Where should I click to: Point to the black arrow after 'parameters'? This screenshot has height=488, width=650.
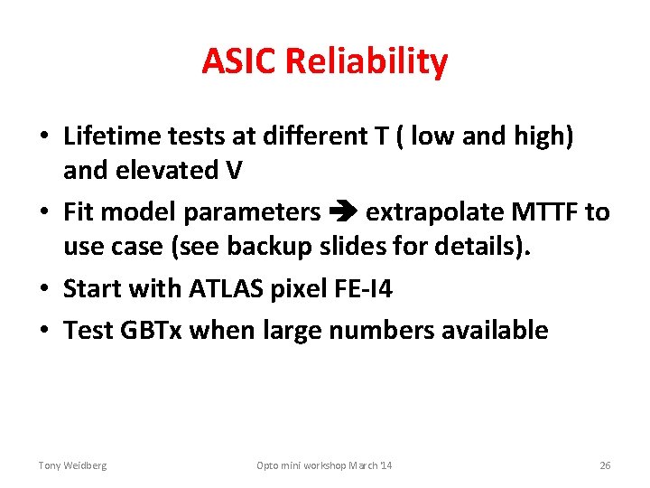[343, 212]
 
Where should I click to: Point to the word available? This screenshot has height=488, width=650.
[494, 330]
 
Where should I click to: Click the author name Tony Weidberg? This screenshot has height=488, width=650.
[72, 465]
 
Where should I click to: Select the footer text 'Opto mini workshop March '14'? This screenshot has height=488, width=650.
[324, 465]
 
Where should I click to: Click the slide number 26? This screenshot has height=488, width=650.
[605, 465]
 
